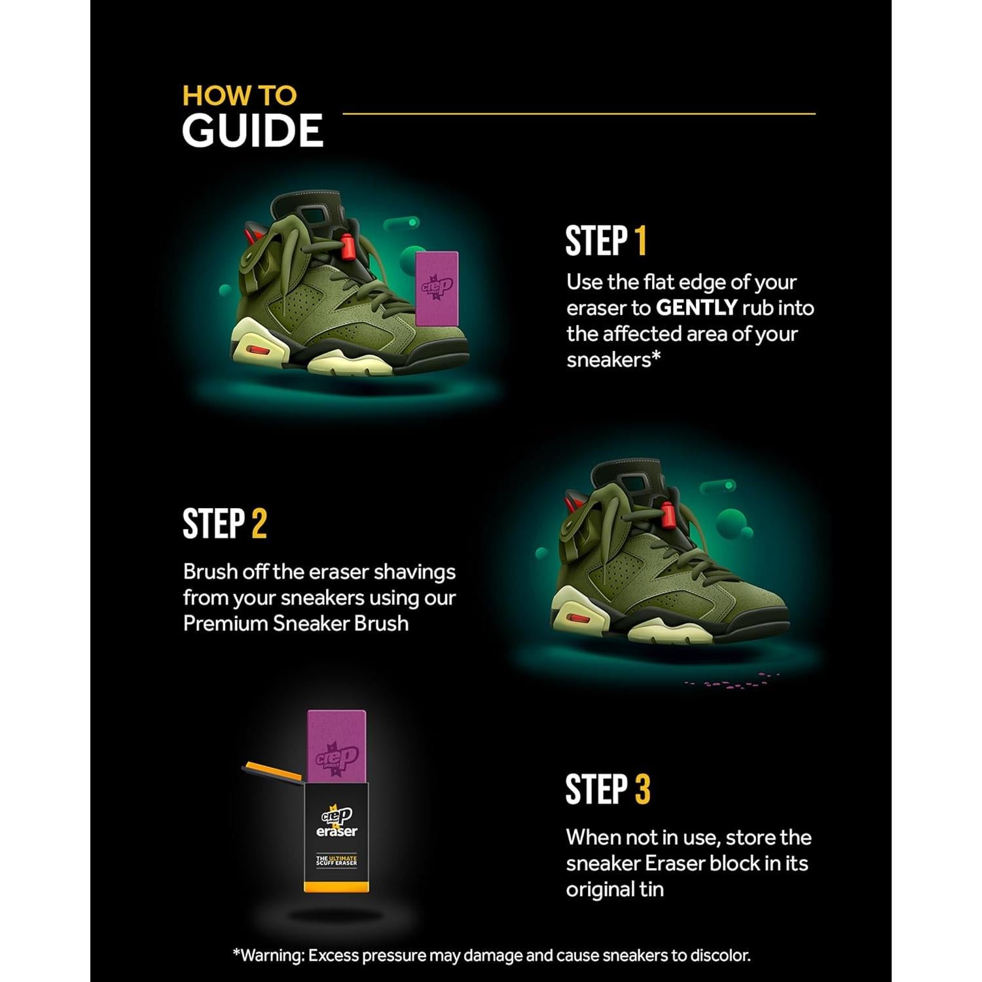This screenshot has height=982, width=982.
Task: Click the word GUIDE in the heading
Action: (x=252, y=130)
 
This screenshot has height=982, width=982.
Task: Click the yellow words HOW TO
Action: (x=239, y=96)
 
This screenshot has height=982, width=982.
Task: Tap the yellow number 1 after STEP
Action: (x=640, y=241)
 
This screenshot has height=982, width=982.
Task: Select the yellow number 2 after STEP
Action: (x=259, y=524)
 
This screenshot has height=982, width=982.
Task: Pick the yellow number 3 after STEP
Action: (x=642, y=789)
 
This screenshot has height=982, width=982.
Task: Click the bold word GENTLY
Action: (x=697, y=308)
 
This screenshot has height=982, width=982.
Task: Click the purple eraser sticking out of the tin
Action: (x=336, y=746)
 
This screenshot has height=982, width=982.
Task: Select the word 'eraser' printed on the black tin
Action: (x=336, y=831)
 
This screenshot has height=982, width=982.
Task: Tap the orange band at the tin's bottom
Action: (x=336, y=887)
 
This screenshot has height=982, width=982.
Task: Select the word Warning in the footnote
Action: (x=272, y=955)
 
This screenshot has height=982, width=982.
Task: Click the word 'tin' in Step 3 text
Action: (x=651, y=889)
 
